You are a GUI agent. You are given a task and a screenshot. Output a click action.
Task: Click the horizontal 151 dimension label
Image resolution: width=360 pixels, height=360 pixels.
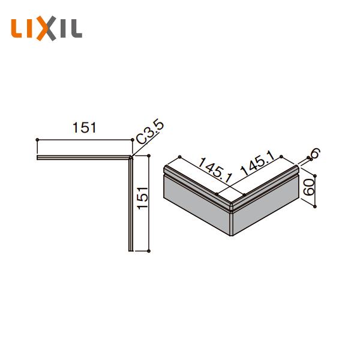[x=85, y=128]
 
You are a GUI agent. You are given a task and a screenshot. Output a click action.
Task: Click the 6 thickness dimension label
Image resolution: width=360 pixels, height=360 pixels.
[x=313, y=153]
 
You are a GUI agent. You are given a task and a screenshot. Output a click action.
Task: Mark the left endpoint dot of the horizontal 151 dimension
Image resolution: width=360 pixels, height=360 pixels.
[x=38, y=140]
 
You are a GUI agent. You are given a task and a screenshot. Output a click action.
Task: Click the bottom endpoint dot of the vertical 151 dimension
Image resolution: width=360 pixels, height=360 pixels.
[x=148, y=250]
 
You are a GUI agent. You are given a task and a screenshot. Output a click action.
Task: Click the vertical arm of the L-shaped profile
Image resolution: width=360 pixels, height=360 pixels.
[x=130, y=204]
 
